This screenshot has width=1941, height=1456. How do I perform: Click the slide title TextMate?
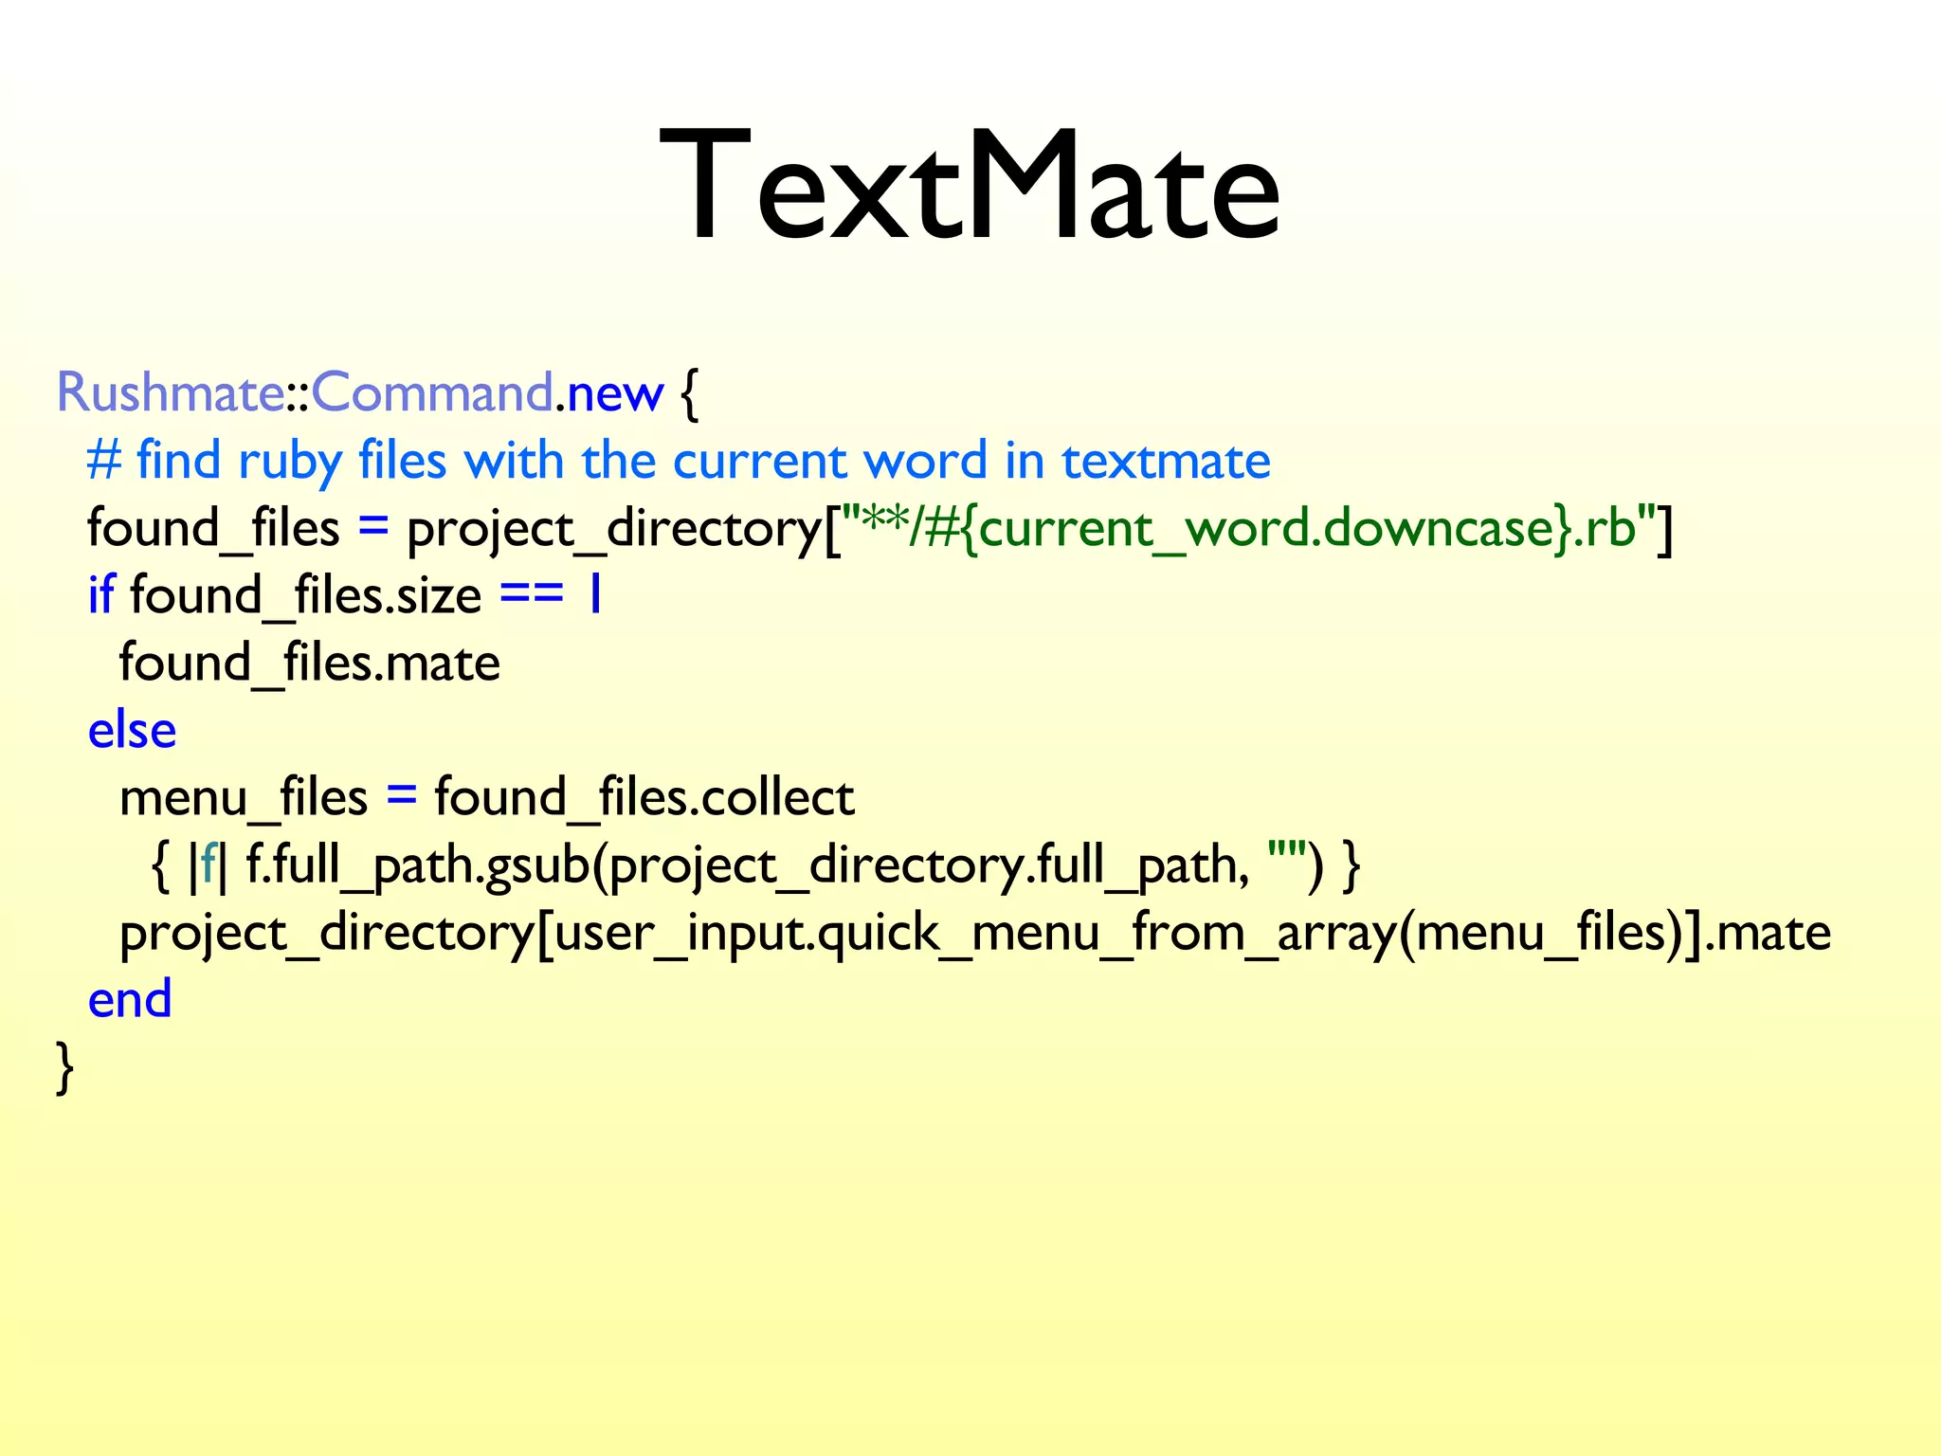[970, 186]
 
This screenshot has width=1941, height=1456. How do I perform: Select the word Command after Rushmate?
[432, 391]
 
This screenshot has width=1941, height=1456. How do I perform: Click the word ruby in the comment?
[289, 462]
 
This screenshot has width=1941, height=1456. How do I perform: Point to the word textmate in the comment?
[1166, 462]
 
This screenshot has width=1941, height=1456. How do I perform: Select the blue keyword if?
[100, 595]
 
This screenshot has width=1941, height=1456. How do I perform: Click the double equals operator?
[532, 595]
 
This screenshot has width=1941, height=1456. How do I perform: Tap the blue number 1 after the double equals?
[595, 595]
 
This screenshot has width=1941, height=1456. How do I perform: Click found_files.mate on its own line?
[309, 663]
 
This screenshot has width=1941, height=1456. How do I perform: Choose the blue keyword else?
[132, 730]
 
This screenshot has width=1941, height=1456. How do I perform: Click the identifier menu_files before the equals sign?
[243, 797]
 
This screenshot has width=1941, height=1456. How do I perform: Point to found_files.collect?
[644, 797]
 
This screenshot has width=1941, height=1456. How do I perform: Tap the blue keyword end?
[130, 999]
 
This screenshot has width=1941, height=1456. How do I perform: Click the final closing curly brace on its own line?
[64, 1068]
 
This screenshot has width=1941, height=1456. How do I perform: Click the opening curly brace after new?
[689, 393]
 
